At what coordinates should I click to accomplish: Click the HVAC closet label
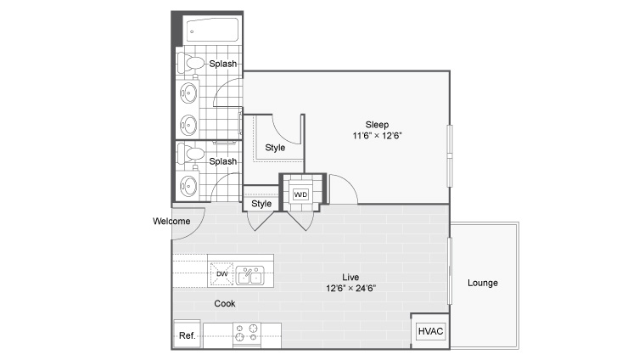(430, 331)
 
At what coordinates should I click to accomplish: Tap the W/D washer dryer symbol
(300, 194)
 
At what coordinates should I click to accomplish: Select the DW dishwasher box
(221, 273)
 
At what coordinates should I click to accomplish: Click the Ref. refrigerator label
(187, 335)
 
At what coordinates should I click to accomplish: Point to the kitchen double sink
(249, 275)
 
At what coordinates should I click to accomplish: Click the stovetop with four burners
(247, 332)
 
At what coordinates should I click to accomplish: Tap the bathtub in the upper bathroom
(212, 30)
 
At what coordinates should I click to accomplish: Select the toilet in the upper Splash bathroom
(191, 64)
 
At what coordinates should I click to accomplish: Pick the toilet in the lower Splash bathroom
(191, 155)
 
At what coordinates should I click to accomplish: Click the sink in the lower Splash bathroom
(188, 186)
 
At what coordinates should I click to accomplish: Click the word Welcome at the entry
(171, 221)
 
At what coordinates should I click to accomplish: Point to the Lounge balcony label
(483, 283)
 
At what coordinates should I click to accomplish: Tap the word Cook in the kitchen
(225, 303)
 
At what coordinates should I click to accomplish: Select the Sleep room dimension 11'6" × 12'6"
(378, 136)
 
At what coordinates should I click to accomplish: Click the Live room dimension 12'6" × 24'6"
(350, 288)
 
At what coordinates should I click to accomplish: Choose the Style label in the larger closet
(275, 148)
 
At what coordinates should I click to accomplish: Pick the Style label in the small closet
(261, 204)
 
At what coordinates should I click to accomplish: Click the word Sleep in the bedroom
(377, 125)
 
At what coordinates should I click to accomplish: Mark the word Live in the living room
(350, 278)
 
